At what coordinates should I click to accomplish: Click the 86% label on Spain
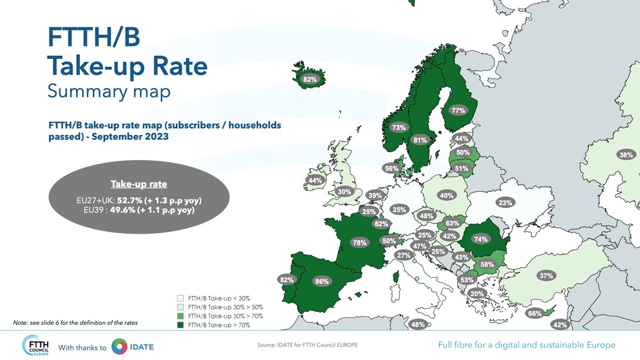pyautogui.click(x=322, y=281)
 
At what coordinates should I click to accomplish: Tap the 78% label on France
pyautogui.click(x=359, y=243)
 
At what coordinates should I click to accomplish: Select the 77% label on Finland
pyautogui.click(x=458, y=110)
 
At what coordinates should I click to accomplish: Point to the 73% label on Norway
pyautogui.click(x=398, y=127)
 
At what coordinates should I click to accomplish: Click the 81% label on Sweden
pyautogui.click(x=420, y=140)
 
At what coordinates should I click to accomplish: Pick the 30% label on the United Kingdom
pyautogui.click(x=344, y=191)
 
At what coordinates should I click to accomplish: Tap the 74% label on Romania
pyautogui.click(x=481, y=239)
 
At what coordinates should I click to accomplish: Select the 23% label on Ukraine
pyautogui.click(x=505, y=202)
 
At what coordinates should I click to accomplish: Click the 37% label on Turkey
pyautogui.click(x=546, y=276)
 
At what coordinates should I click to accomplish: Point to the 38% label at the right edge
pyautogui.click(x=626, y=155)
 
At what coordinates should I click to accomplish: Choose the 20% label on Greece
pyautogui.click(x=477, y=293)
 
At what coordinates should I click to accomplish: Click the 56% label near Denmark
pyautogui.click(x=391, y=169)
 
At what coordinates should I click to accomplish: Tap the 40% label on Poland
pyautogui.click(x=446, y=195)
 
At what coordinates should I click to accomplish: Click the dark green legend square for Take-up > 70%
pyautogui.click(x=181, y=325)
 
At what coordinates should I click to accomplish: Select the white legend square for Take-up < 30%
pyautogui.click(x=181, y=298)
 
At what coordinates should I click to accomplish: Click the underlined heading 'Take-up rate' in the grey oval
pyautogui.click(x=139, y=185)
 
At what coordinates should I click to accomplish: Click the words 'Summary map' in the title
pyautogui.click(x=109, y=91)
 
